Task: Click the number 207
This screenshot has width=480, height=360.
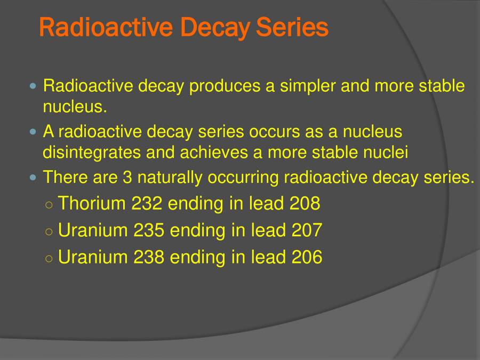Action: click(307, 230)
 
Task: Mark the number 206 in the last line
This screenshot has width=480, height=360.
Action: click(307, 257)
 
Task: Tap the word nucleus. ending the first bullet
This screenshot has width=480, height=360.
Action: click(75, 107)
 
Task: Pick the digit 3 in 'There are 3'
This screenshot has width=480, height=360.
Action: click(127, 177)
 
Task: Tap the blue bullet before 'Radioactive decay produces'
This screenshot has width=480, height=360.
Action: click(34, 86)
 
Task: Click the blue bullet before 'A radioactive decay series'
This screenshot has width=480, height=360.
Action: click(34, 131)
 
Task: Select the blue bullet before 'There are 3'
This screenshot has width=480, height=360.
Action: click(34, 177)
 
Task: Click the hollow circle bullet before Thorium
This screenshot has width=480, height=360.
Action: click(49, 204)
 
